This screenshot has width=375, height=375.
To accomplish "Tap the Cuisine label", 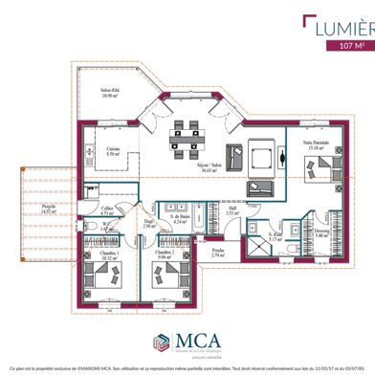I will coord(112,151).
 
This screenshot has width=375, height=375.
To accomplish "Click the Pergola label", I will coord(50,210).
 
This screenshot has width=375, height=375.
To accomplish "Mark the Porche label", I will coord(218,254).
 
